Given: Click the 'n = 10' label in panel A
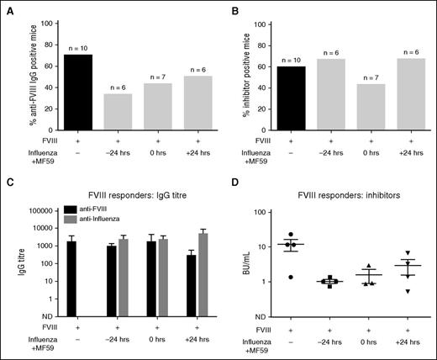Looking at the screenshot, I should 77,48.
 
